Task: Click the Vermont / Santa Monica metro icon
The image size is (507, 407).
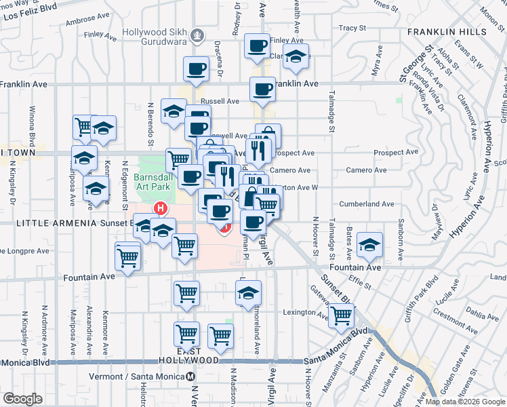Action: (191, 376)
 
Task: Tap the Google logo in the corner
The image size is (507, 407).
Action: (22, 399)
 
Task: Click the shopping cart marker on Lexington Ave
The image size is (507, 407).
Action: (341, 315)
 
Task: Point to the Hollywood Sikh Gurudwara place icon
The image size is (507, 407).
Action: (197, 33)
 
